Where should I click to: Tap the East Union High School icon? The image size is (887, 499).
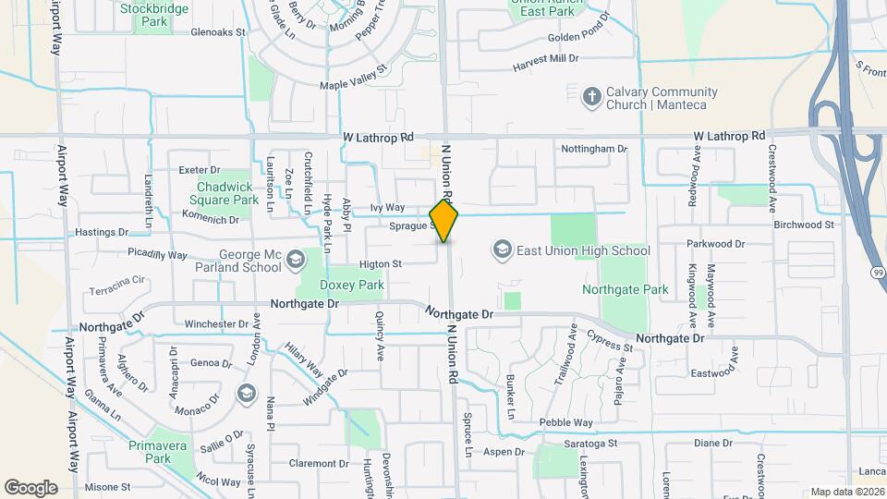pyautogui.click(x=502, y=249)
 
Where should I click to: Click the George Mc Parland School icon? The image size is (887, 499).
pyautogui.click(x=295, y=260)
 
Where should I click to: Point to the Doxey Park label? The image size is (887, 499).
pyautogui.click(x=352, y=286)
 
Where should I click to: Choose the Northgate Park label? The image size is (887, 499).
pyautogui.click(x=625, y=289)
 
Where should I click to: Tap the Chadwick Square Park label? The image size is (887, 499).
pyautogui.click(x=226, y=192)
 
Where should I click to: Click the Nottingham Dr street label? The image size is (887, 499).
pyautogui.click(x=594, y=148)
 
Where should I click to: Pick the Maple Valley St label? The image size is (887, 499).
pyautogui.click(x=352, y=79)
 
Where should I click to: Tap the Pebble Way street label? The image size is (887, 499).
pyautogui.click(x=565, y=422)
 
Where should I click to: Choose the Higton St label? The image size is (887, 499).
pyautogui.click(x=380, y=263)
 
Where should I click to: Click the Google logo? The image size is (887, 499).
pyautogui.click(x=30, y=487)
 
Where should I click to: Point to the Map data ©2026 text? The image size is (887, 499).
pyautogui.click(x=846, y=492)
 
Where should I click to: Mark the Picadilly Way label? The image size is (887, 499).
pyautogui.click(x=157, y=254)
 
